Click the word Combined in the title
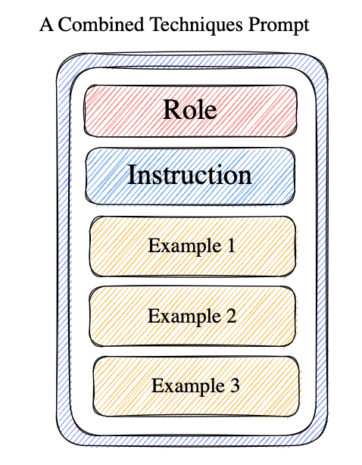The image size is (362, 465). (101, 24)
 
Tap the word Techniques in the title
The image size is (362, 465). (197, 26)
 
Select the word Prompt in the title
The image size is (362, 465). (279, 26)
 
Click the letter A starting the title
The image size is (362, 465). (46, 25)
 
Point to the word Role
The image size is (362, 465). (190, 109)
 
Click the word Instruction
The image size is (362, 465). (190, 175)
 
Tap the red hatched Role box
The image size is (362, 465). (190, 111)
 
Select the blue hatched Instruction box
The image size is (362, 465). (190, 176)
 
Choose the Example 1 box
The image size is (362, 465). (192, 246)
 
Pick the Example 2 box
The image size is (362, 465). (192, 316)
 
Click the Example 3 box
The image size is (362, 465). (196, 386)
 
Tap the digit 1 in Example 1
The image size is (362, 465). (230, 245)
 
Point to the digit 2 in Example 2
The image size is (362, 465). (231, 316)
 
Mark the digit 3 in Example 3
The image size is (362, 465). (234, 385)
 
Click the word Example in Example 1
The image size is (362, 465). (185, 247)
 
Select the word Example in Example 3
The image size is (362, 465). (188, 387)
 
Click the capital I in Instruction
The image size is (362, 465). (132, 174)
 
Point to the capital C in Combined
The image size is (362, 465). (65, 25)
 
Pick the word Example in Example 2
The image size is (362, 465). (185, 317)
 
